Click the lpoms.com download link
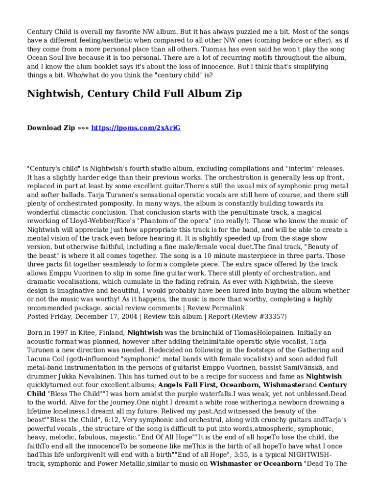point(136,128)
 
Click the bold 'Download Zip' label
point(51,128)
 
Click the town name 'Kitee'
point(84,332)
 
